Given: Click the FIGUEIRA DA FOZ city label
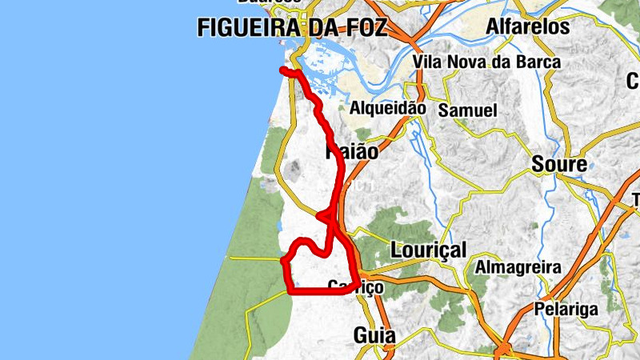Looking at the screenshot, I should click(x=292, y=28).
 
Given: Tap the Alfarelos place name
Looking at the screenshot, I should click(x=528, y=27).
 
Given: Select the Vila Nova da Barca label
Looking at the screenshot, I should click(x=487, y=62).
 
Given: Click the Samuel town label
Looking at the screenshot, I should click(x=468, y=110).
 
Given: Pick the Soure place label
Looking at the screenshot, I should click(x=559, y=166).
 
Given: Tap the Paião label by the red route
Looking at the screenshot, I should click(x=352, y=150).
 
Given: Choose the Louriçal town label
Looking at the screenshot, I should click(x=428, y=250).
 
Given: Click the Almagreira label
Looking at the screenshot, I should click(x=518, y=266).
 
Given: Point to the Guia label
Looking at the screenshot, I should click(x=375, y=336).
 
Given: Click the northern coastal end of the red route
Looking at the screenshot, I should click(x=282, y=71).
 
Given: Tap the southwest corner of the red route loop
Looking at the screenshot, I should click(x=290, y=291).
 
